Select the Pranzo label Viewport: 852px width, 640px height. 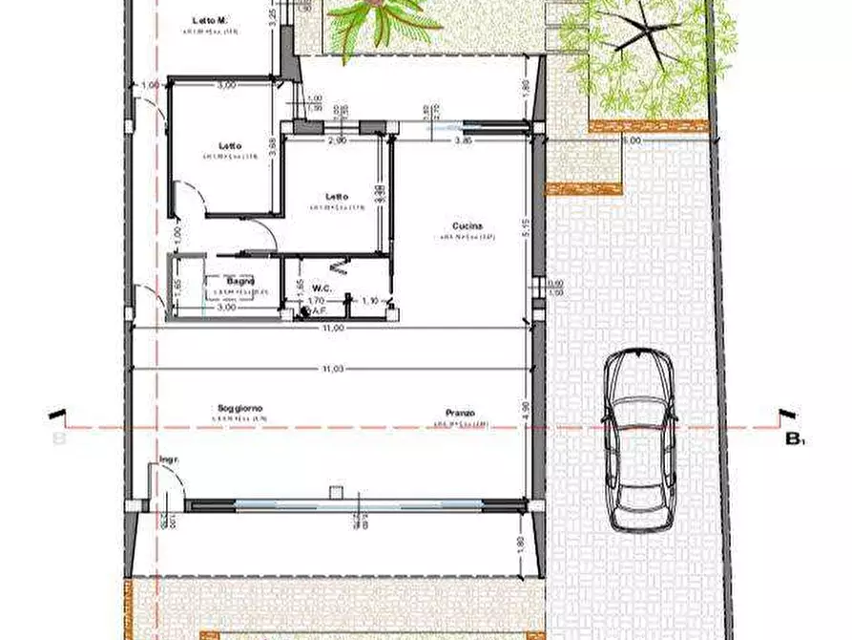(454, 415)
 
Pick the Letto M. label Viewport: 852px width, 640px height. (209, 20)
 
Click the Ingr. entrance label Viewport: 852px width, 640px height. (170, 459)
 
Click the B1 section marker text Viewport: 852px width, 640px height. (795, 439)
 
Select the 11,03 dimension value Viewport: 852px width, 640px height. (333, 367)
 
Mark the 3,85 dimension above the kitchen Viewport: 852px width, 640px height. (462, 140)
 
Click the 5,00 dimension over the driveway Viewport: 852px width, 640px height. (631, 139)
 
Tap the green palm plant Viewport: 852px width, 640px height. (378, 21)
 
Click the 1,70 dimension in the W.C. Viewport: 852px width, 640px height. (316, 301)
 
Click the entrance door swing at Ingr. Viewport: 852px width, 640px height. (159, 483)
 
